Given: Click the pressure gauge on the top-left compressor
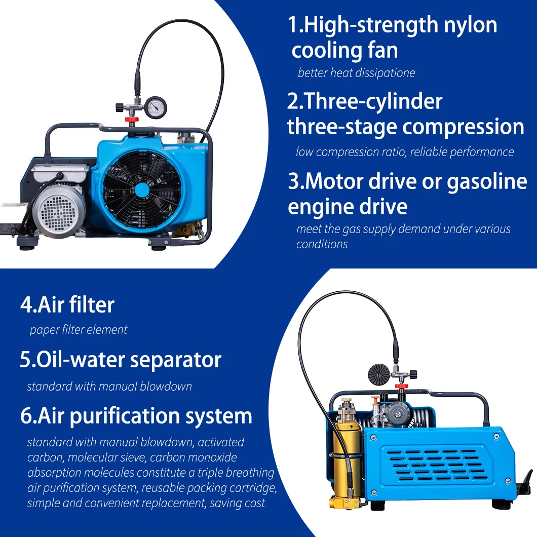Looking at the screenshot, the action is pos(156,106).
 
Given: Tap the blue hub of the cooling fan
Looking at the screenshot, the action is pos(142,190).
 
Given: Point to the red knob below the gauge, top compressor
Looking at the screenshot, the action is pos(131,119).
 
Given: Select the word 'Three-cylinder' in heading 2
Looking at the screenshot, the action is pos(365,101).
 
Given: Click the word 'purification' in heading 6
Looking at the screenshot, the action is pos(125,416).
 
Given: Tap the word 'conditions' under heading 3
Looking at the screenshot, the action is pos(322,244).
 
